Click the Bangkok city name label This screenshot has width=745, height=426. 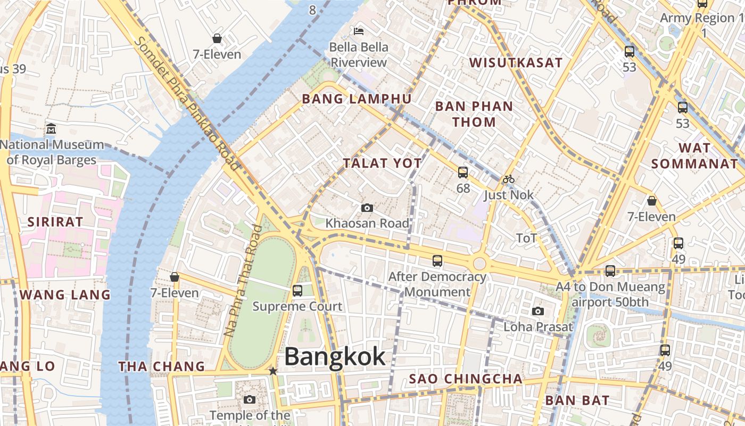tap(335, 356)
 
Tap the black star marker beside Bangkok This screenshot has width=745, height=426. tap(273, 371)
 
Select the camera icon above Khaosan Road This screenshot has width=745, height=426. tap(367, 208)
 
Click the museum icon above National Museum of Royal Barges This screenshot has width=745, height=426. tap(51, 128)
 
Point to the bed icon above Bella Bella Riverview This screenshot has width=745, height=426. tap(359, 31)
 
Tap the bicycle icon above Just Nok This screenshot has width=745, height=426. tap(509, 179)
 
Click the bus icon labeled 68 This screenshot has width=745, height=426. tap(463, 172)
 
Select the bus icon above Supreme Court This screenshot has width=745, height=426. tap(297, 290)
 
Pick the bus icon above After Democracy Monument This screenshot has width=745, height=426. tap(437, 260)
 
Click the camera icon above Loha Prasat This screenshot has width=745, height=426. tap(538, 311)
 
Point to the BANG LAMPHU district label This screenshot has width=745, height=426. tap(357, 99)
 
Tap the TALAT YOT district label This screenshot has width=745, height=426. tap(382, 163)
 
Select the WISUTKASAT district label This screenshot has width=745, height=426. tap(515, 62)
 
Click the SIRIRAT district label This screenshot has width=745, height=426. tap(55, 222)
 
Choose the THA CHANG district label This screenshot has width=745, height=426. tap(161, 366)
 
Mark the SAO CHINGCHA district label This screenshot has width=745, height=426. tap(466, 379)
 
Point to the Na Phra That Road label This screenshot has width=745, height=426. tap(243, 281)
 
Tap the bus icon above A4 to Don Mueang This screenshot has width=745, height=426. tap(610, 271)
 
